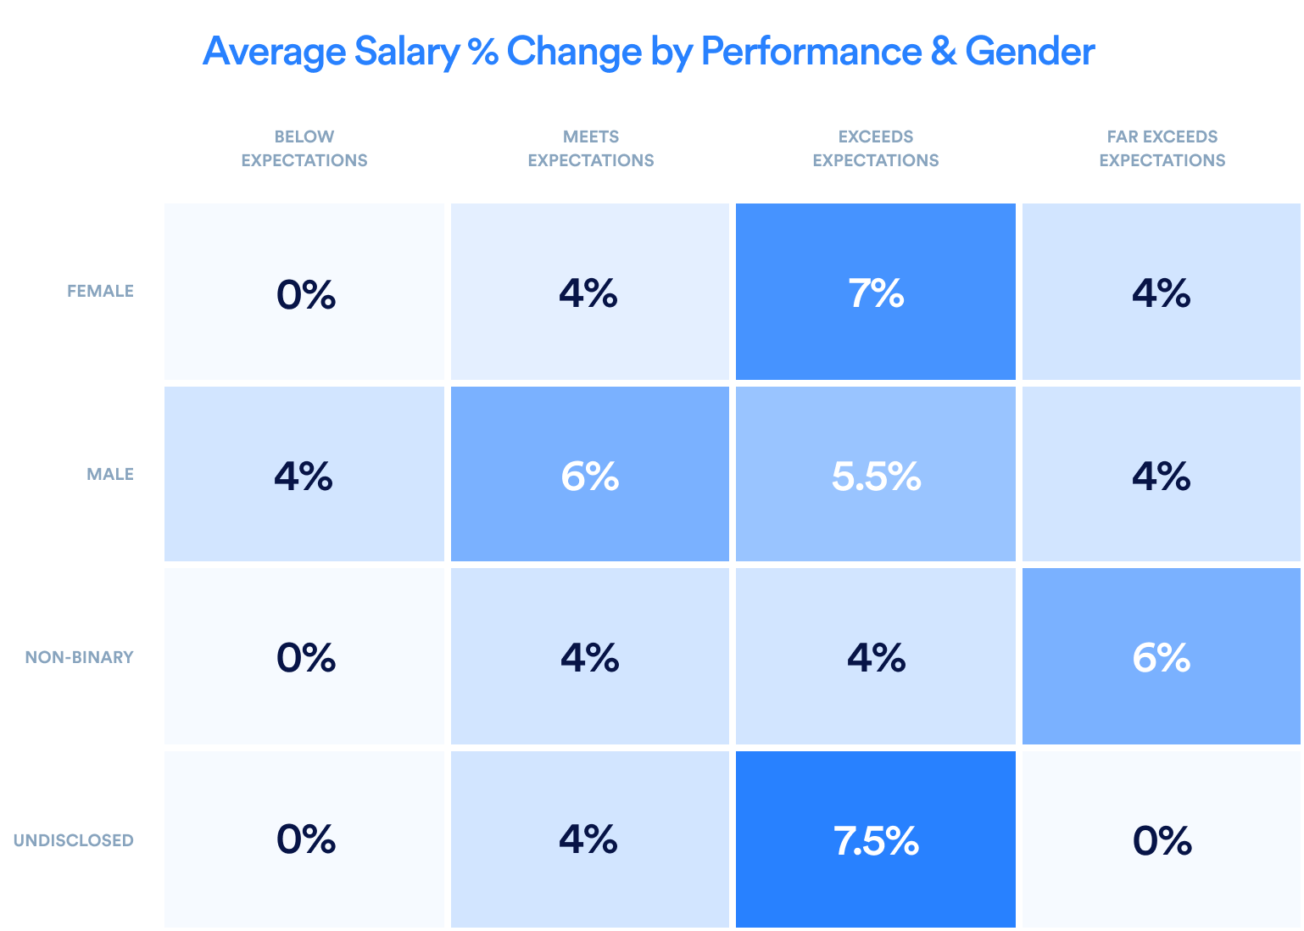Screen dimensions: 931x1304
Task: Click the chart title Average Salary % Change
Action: [648, 51]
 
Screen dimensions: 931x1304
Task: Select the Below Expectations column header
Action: [304, 148]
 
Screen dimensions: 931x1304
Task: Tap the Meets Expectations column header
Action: [590, 148]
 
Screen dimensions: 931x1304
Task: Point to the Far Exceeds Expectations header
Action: [1162, 148]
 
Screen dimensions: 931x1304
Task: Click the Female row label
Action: [100, 291]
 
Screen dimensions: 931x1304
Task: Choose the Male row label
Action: [110, 474]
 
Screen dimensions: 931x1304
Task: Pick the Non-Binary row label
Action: [79, 657]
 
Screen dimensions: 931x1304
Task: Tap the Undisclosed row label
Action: [73, 840]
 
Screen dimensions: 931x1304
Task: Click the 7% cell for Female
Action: [875, 293]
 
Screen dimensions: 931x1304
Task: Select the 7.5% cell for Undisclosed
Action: [875, 840]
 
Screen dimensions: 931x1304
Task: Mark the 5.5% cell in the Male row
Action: [875, 475]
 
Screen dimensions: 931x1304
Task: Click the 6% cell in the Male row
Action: [590, 475]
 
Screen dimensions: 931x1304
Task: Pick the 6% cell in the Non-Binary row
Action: [1162, 657]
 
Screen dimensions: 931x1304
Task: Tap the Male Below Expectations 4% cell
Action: [304, 475]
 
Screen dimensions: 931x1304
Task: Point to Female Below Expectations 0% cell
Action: [305, 293]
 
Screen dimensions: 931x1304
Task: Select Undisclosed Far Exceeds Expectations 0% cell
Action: [1162, 840]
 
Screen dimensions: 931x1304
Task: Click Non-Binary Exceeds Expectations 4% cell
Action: [875, 657]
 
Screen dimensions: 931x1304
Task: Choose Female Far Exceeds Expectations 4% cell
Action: [1162, 293]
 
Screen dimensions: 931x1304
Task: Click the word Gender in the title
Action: [1029, 51]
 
